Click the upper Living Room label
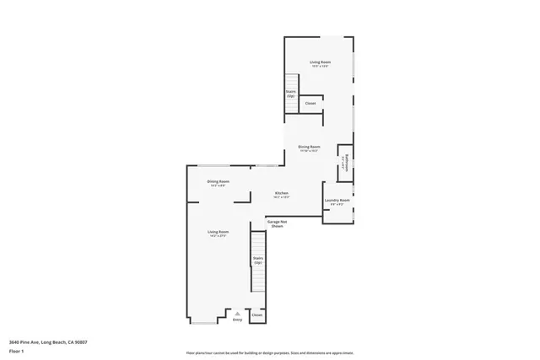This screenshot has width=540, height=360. click(319, 62)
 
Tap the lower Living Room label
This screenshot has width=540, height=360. click(219, 231)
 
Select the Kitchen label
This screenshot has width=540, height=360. click(282, 192)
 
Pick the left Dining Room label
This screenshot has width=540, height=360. click(219, 181)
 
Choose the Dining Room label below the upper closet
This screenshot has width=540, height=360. click(309, 147)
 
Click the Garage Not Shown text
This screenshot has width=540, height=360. click(277, 223)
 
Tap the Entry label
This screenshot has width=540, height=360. click(237, 320)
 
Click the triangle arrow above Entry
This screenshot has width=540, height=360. click(237, 314)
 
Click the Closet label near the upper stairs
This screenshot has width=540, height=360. click(310, 104)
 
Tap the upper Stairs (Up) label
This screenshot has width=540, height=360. click(290, 94)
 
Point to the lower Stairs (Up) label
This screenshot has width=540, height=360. click(258, 261)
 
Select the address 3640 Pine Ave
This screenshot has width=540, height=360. click(48, 341)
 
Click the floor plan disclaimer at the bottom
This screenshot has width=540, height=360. click(269, 352)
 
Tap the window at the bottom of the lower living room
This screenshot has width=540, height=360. click(202, 324)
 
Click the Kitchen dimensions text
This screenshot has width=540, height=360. click(282, 196)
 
